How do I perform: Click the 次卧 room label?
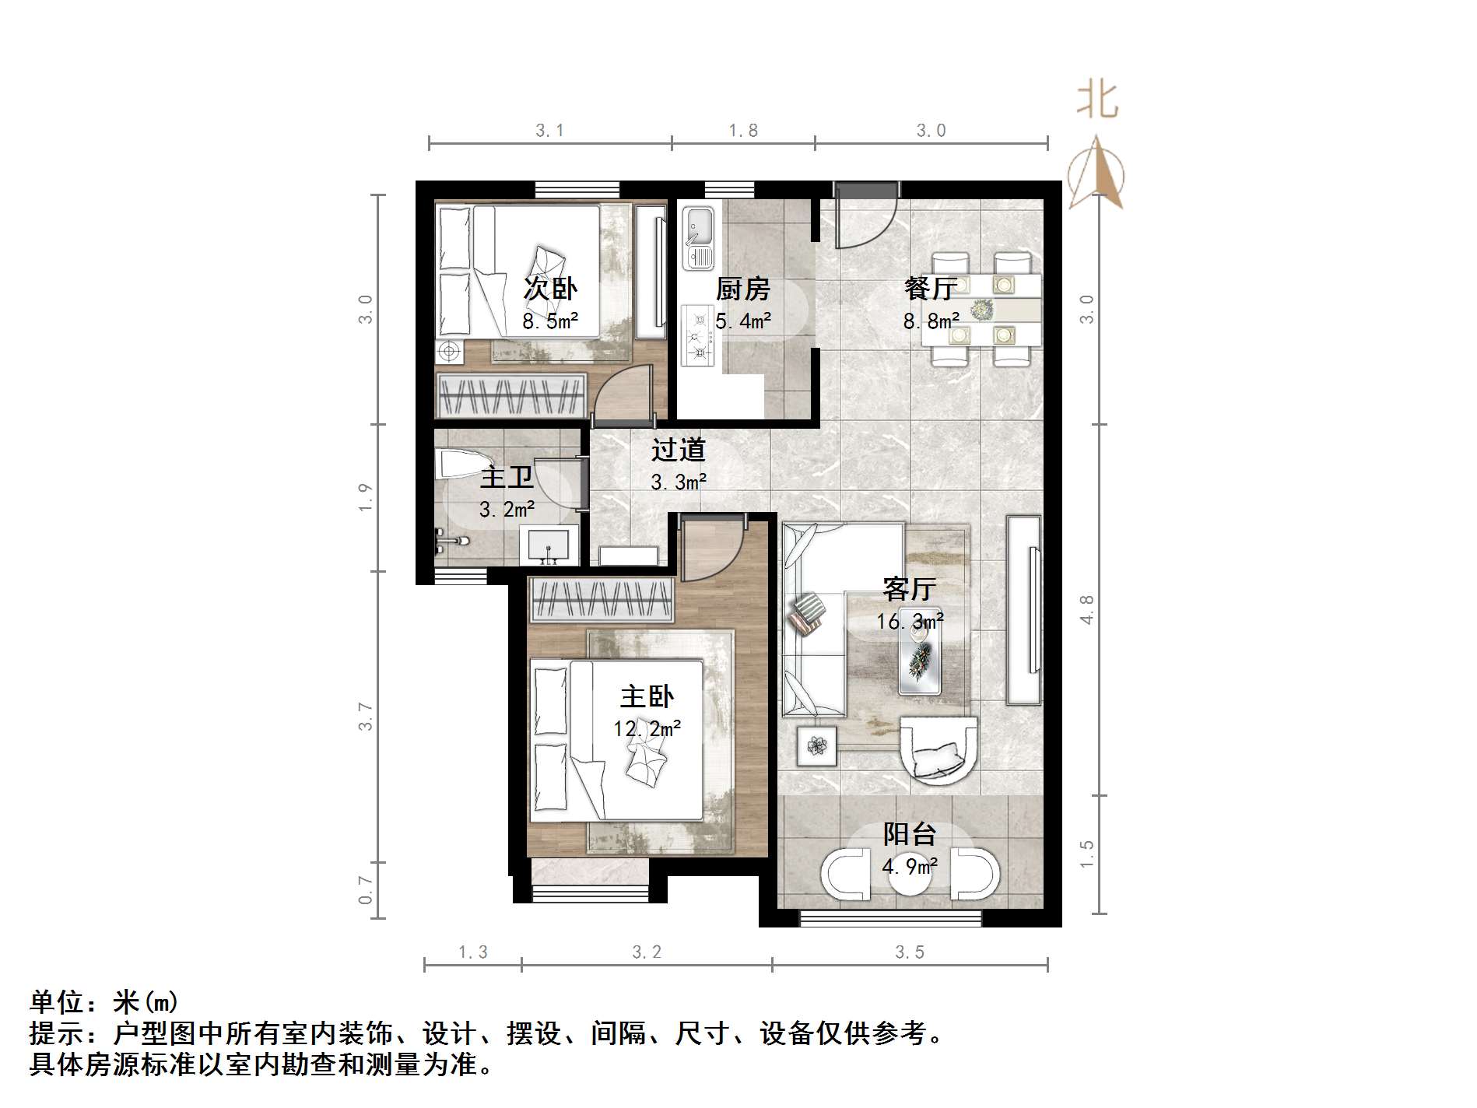point(550,289)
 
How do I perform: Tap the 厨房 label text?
point(742,289)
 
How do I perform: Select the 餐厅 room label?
point(930,289)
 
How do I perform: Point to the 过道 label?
point(678,450)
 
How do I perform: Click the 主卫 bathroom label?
point(507,477)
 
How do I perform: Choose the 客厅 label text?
point(909,589)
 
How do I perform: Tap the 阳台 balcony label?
point(909,834)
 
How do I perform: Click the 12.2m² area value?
point(647,728)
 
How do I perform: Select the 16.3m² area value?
point(910,621)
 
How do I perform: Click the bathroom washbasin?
point(549,544)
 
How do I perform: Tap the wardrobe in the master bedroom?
point(600,600)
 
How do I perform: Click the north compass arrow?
point(1096,175)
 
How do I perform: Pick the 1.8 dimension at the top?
point(743,131)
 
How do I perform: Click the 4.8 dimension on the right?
point(1087,609)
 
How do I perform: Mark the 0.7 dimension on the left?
point(366,890)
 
